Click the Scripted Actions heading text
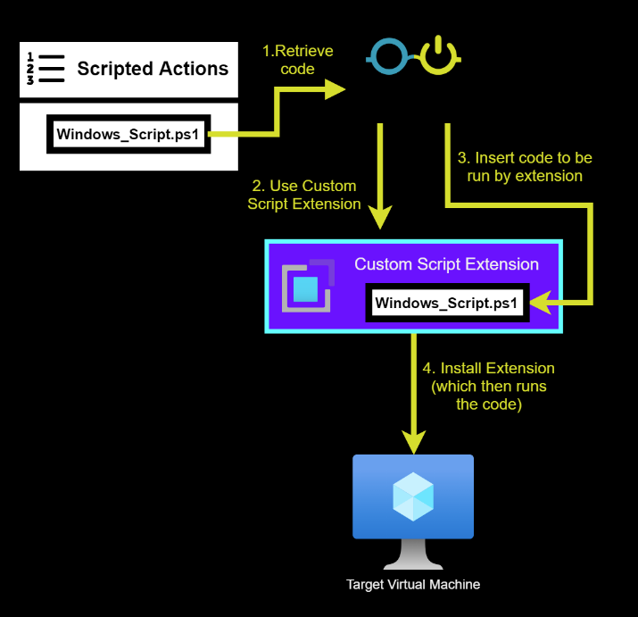(x=153, y=69)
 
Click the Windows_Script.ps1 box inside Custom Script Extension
(x=447, y=303)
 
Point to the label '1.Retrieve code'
(x=297, y=60)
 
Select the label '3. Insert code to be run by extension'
(x=525, y=167)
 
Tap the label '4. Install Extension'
(x=488, y=368)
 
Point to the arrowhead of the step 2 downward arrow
(x=381, y=217)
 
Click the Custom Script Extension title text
(x=446, y=264)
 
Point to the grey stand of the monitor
(x=413, y=555)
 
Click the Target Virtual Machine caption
(x=413, y=585)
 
